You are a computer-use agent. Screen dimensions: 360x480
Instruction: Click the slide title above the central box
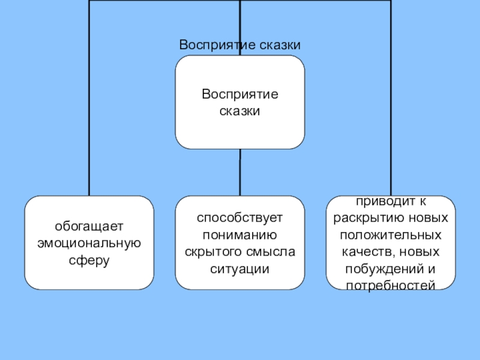click(239, 46)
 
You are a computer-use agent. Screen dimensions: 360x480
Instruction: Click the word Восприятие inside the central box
click(239, 94)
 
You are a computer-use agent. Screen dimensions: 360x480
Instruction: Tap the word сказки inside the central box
click(239, 111)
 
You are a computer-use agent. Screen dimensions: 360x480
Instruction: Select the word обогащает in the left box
click(89, 227)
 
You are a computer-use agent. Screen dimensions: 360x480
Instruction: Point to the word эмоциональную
click(89, 244)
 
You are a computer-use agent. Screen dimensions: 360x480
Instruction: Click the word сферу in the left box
click(89, 261)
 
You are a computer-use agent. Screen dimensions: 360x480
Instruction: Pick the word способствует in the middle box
click(239, 218)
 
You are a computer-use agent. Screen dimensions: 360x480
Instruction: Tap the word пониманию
click(239, 235)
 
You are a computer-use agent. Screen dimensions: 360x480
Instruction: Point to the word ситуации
click(239, 269)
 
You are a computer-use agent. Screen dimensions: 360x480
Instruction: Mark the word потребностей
click(390, 285)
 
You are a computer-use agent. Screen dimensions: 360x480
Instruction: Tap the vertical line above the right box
click(391, 120)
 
